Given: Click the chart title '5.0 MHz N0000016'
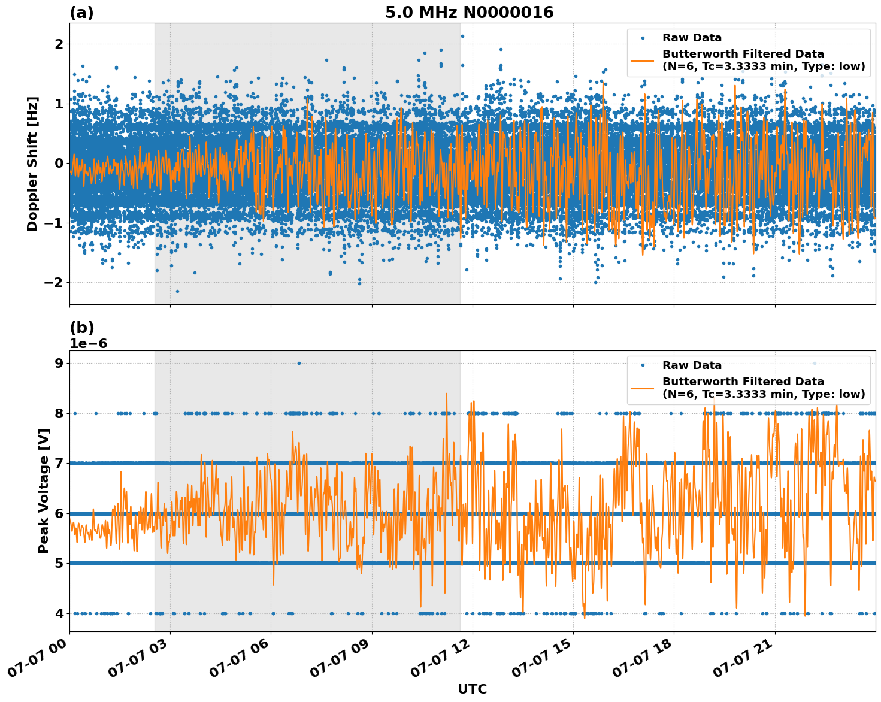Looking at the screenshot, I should point(469,13).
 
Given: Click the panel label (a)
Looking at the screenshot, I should point(81,13).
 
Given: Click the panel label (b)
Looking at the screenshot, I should point(81,328).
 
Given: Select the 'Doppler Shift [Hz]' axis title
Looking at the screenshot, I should point(32,164).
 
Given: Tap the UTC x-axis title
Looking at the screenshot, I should point(472,689).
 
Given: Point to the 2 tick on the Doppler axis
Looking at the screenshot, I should point(59,44).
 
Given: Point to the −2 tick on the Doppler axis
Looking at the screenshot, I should point(54,283).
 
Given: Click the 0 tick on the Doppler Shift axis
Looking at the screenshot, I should point(59,164).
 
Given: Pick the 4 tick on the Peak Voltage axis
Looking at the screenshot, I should point(59,613).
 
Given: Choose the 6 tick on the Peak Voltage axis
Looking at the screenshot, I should point(59,513).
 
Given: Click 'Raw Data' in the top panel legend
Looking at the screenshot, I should point(692,38).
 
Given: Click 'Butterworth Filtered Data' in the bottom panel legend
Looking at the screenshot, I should point(743,382).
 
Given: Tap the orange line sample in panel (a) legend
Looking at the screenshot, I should point(643,60).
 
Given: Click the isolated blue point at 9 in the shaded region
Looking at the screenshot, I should point(299,363).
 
